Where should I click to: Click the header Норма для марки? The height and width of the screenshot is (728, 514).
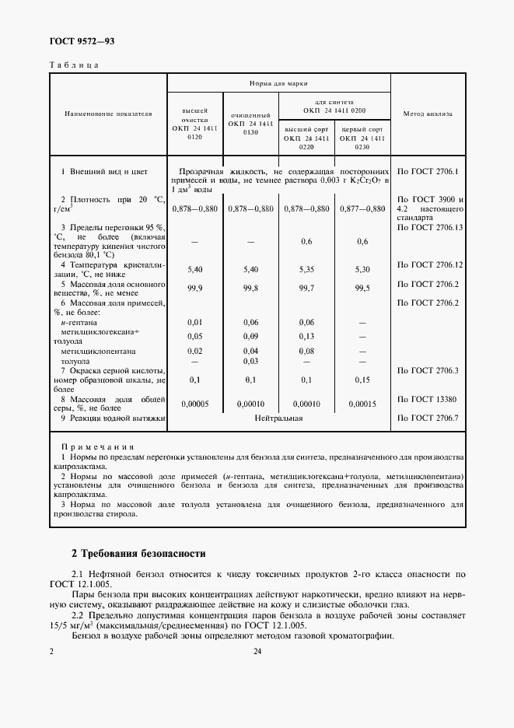[278, 82]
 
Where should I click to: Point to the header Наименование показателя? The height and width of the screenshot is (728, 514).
[107, 114]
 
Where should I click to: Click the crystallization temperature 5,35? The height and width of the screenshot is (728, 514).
[306, 268]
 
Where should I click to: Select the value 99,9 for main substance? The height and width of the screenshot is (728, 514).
[195, 289]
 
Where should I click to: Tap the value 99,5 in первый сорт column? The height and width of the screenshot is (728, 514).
[362, 289]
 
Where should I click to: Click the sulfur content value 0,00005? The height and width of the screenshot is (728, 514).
[195, 404]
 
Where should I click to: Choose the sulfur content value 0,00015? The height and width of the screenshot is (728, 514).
[362, 404]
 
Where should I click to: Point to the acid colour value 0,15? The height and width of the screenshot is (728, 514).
[362, 380]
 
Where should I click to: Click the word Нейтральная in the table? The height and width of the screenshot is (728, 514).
[278, 418]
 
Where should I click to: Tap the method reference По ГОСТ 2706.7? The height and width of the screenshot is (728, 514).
[428, 418]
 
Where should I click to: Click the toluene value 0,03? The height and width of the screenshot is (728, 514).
[250, 361]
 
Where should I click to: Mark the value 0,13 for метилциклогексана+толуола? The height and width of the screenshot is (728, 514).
[306, 337]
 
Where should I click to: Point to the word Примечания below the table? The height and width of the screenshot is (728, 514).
[97, 448]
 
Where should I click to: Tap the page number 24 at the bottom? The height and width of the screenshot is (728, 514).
[257, 652]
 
